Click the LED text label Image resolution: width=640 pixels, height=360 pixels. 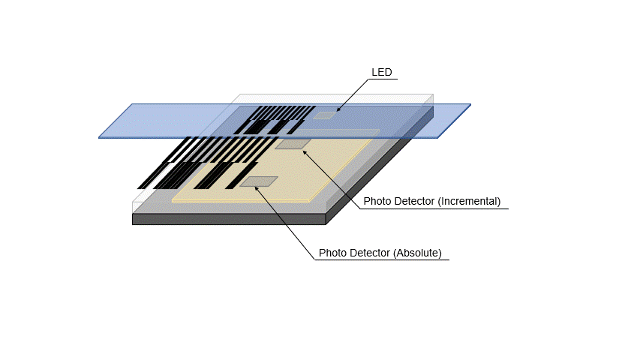click(x=382, y=72)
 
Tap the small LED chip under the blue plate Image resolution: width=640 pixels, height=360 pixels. click(x=325, y=115)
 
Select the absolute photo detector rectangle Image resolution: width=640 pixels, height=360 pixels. click(x=259, y=181)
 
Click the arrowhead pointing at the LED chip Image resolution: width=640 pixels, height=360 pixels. click(x=338, y=109)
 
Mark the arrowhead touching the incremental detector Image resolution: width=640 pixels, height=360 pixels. click(x=305, y=151)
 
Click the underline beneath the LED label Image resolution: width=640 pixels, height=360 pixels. click(x=382, y=79)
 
